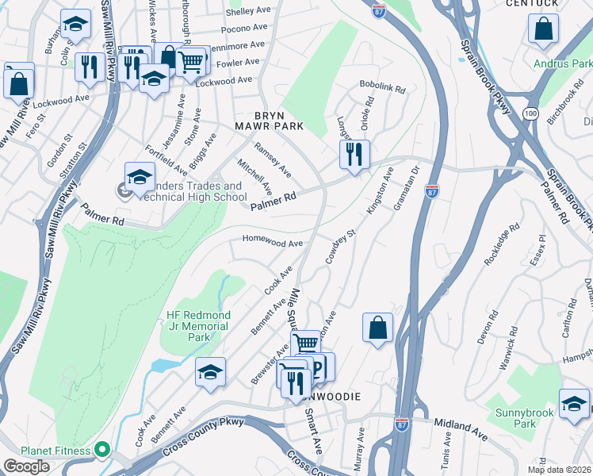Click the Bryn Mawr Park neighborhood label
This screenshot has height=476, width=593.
click(x=268, y=121)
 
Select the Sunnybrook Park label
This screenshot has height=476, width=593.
click(x=515, y=418)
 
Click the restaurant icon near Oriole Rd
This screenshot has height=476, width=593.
click(x=354, y=153)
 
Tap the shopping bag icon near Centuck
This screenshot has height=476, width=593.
click(x=544, y=29)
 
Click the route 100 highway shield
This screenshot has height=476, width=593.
click(x=530, y=115)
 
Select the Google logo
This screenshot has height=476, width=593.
click(x=26, y=466)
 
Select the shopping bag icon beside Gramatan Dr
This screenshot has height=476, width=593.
click(x=378, y=327)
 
